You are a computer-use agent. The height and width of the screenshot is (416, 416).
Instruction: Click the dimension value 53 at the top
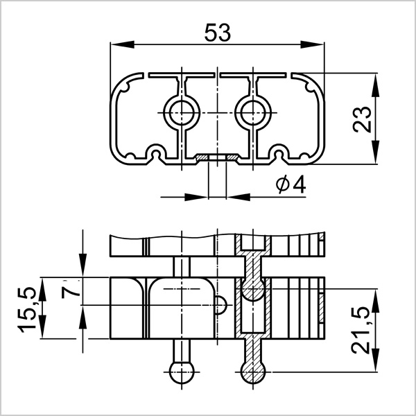(218, 33)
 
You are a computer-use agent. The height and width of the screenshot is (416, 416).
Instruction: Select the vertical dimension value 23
(362, 119)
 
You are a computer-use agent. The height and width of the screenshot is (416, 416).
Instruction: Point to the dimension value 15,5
(27, 310)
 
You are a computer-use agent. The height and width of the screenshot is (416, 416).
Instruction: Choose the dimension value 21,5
(361, 330)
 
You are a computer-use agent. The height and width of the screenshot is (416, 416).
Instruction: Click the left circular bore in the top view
(182, 113)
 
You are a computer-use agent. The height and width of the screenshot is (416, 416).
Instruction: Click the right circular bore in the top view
(253, 113)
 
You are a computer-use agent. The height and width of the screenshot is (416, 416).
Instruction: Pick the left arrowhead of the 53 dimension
(122, 44)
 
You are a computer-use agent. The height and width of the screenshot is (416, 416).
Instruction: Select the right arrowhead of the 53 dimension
(312, 44)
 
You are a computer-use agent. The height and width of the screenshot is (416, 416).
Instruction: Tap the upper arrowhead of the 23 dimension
(375, 85)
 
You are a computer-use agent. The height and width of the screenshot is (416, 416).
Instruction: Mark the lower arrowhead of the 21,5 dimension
(375, 360)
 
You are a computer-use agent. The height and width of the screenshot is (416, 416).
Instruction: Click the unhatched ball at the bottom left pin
(182, 372)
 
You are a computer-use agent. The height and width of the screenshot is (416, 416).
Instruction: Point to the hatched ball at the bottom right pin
(253, 372)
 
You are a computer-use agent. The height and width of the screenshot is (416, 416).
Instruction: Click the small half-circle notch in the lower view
(220, 305)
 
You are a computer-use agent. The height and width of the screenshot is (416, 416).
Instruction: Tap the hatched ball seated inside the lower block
(253, 288)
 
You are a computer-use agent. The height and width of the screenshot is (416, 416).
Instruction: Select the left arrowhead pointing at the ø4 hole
(196, 197)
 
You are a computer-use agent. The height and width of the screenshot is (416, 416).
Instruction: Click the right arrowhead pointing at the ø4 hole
(239, 197)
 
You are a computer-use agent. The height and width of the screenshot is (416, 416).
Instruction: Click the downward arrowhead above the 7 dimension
(83, 266)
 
